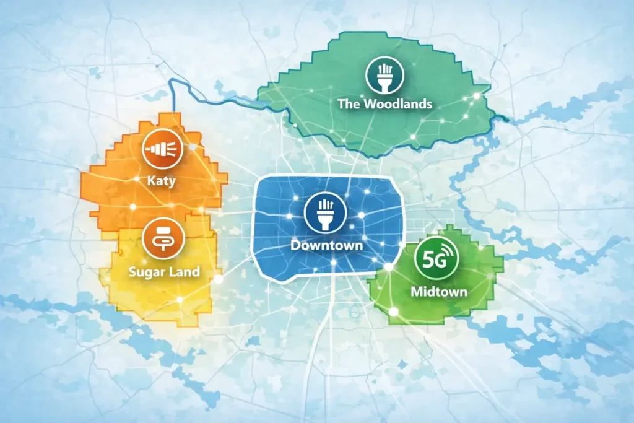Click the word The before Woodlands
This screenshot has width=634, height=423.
point(349,103)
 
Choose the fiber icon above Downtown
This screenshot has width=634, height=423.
point(322,212)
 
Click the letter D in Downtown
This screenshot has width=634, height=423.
point(295,245)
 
